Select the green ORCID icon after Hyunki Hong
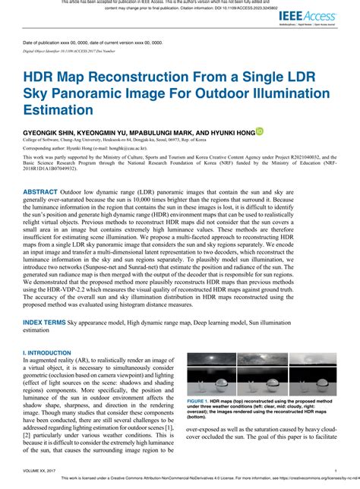(x=259, y=131)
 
